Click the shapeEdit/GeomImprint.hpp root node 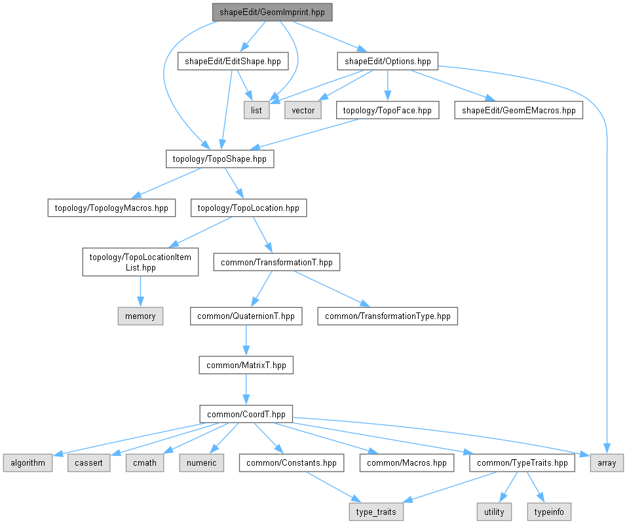pos(272,12)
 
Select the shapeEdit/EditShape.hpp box pos(233,61)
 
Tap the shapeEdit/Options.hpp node pos(387,61)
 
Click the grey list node pos(256,110)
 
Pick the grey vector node pos(303,110)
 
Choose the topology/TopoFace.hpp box pos(387,110)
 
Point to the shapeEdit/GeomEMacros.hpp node pos(518,110)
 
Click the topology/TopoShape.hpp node pos(219,159)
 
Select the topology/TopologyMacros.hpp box pos(111,208)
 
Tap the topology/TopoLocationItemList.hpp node pos(140,262)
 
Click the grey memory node pos(140,316)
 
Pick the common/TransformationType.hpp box pos(387,316)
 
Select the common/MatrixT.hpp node pos(246,365)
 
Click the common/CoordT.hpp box pos(246,414)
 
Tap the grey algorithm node pos(28,463)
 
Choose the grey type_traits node pos(376,512)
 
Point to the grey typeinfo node pos(549,512)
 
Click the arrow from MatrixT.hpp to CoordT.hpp pos(246,390)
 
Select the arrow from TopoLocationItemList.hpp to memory pos(140,291)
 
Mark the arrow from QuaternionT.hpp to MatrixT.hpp pos(246,341)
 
